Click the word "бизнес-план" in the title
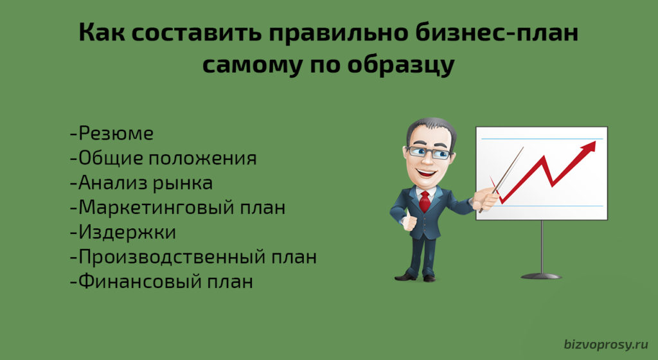[497, 33]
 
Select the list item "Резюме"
[112, 134]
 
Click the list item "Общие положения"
[163, 159]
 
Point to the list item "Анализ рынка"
[141, 183]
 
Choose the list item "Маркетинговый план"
[177, 208]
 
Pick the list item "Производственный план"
[193, 256]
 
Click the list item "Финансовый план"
[161, 281]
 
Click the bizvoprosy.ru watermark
[606, 345]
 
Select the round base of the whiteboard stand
[541, 276]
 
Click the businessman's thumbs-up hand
[408, 221]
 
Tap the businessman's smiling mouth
[426, 172]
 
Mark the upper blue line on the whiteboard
[542, 138]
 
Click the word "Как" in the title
[102, 33]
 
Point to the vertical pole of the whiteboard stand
[542, 247]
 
